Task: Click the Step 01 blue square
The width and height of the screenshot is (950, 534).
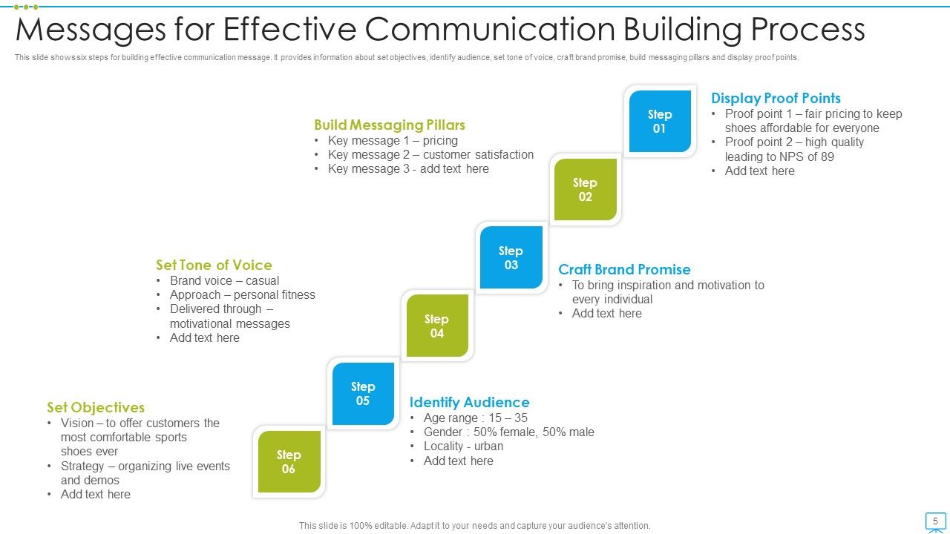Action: pos(660,121)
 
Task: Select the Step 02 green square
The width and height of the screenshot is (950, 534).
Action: pos(585,189)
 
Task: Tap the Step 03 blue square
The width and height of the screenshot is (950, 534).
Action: pos(511,257)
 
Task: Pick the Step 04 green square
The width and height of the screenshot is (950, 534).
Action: pos(436,326)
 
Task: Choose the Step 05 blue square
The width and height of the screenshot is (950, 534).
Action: pos(363,394)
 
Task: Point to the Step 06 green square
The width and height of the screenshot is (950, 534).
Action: pos(289,461)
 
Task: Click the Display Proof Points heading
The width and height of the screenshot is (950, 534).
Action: pos(776,98)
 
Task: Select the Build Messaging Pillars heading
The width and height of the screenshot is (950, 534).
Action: pos(390,125)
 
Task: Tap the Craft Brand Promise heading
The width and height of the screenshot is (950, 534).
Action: pos(624,269)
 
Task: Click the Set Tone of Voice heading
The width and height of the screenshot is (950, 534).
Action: pos(214,265)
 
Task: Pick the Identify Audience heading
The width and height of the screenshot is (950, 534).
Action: pos(469,402)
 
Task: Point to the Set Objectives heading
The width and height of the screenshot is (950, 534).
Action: pos(96,407)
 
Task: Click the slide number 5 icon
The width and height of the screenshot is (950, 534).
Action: pos(935,521)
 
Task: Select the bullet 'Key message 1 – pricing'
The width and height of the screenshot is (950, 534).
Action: pos(393,141)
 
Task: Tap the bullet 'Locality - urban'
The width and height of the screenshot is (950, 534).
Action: pos(463,446)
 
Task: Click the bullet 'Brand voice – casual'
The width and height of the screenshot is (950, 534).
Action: pos(224,281)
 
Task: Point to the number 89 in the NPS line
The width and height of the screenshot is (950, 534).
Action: pos(827,156)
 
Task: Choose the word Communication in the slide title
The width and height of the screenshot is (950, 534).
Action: pos(490,30)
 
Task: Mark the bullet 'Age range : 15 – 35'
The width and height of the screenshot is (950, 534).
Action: pos(475,418)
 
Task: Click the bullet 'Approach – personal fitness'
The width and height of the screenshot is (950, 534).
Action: pos(242,295)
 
